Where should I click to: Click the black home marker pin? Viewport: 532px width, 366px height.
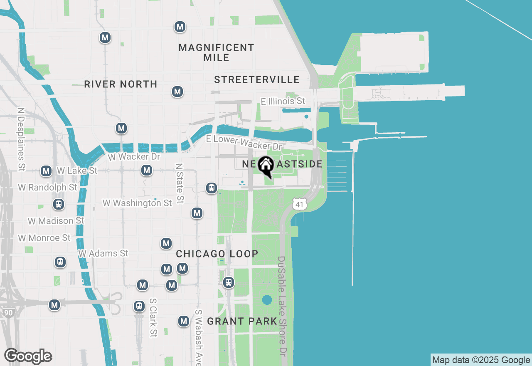click(x=266, y=166)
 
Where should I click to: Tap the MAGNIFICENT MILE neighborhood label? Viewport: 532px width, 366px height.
click(x=216, y=52)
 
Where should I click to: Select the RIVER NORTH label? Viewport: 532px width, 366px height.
click(x=121, y=84)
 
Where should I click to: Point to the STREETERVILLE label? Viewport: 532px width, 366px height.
click(x=257, y=79)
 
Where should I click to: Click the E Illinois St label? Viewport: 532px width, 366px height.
click(x=283, y=101)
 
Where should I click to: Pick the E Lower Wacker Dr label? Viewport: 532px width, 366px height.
click(x=244, y=143)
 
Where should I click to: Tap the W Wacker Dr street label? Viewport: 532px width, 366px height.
click(x=134, y=157)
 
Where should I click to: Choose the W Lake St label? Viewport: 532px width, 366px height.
click(x=77, y=171)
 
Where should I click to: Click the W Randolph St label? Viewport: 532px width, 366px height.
click(x=48, y=187)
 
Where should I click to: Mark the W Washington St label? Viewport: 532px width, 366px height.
click(x=137, y=203)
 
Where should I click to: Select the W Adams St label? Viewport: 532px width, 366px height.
click(x=103, y=253)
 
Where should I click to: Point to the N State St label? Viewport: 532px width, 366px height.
click(x=180, y=183)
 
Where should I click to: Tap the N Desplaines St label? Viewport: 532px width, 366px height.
click(x=21, y=139)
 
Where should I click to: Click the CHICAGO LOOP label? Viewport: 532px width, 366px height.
click(x=217, y=254)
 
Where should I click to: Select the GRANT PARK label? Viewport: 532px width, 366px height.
click(x=242, y=321)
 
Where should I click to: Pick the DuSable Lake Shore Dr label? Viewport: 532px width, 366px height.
click(x=283, y=306)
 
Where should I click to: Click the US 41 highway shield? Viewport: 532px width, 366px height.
click(x=300, y=204)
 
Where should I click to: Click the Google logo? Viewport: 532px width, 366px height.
click(x=28, y=356)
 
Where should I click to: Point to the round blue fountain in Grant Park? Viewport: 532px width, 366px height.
click(x=267, y=299)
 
